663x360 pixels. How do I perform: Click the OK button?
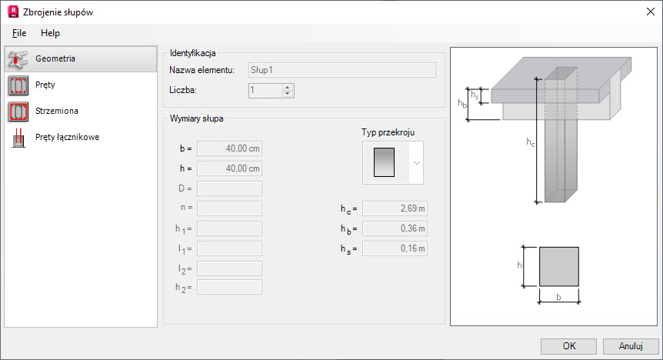point(568,346)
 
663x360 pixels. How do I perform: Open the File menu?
point(19,33)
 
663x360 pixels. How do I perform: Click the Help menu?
point(50,33)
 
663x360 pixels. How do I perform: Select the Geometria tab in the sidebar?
point(81,58)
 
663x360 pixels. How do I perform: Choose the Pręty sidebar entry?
point(81,85)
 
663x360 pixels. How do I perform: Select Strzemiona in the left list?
point(81,112)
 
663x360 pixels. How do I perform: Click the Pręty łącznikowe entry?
point(81,138)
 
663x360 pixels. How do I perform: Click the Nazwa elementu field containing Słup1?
point(341,70)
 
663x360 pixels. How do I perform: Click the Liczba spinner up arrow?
point(288,87)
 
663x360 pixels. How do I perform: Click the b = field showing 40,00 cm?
point(230,148)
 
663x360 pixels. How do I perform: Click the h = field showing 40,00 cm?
point(230,168)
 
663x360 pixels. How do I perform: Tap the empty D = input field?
point(230,188)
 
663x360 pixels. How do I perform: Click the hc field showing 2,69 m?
point(395,208)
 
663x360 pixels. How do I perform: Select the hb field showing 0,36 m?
point(395,228)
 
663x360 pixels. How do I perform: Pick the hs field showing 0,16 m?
point(395,248)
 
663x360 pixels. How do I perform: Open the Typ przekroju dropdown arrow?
point(416,163)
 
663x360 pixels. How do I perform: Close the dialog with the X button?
point(651,12)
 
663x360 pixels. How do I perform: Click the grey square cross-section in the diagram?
point(558,266)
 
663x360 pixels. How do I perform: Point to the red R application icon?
point(13,12)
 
